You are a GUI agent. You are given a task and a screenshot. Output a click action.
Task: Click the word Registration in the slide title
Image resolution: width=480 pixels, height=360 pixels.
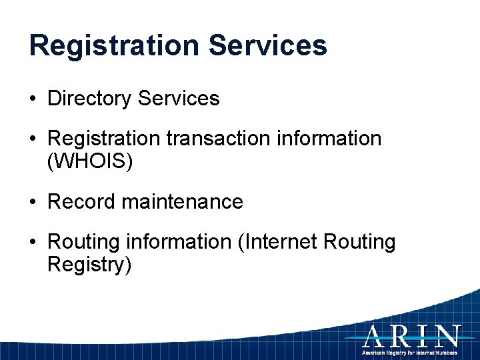click(114, 46)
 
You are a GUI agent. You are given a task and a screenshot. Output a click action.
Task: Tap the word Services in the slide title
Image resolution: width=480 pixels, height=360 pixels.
click(267, 46)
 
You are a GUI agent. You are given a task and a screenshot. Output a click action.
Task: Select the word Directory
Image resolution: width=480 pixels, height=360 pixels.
click(89, 99)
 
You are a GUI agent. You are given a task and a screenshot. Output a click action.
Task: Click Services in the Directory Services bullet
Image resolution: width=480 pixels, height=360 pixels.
click(178, 99)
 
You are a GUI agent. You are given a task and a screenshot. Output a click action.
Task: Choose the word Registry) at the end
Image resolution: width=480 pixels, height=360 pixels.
click(89, 265)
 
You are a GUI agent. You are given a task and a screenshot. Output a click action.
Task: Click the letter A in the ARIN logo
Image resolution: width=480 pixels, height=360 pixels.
click(375, 335)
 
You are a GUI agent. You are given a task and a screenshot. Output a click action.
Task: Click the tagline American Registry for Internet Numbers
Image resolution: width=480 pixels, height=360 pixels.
click(409, 351)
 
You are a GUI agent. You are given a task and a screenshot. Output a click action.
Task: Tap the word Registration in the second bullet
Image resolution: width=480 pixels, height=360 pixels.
click(104, 139)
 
